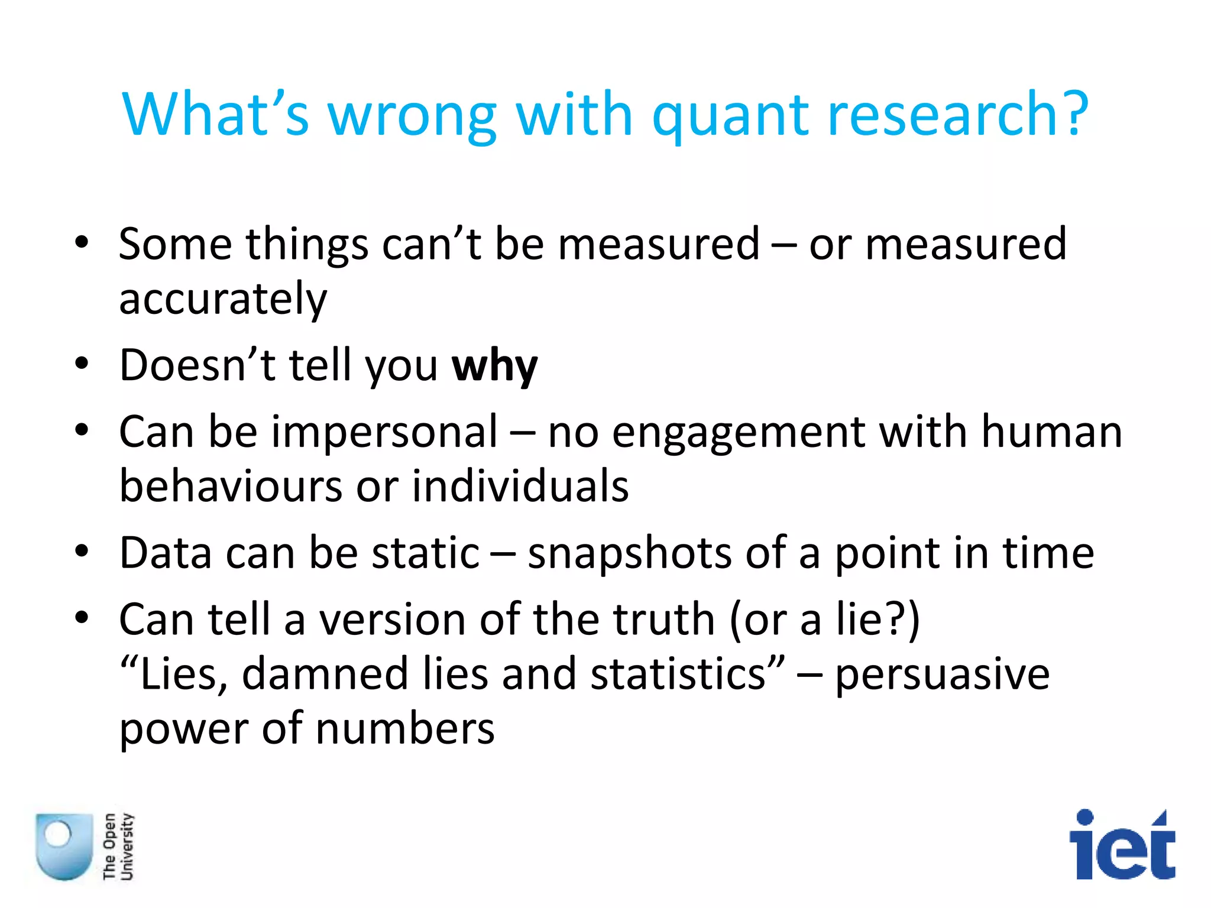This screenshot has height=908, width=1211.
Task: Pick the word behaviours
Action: tap(231, 486)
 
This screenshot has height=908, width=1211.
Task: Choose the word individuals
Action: tap(520, 486)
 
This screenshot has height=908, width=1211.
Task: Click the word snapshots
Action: tap(629, 554)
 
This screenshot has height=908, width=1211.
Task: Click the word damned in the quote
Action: tap(325, 674)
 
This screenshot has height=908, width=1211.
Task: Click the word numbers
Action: tap(405, 728)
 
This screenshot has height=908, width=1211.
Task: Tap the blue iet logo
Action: tap(1122, 845)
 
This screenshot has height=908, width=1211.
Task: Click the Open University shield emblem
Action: tap(64, 845)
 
